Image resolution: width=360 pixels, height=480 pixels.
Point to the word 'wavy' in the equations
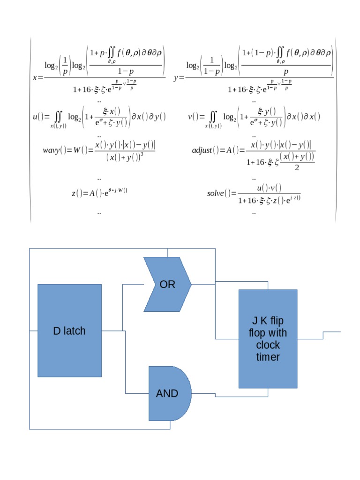tap(51, 150)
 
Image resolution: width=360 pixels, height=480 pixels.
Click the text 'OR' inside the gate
tap(167, 285)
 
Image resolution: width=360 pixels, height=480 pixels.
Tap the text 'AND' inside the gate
tap(167, 394)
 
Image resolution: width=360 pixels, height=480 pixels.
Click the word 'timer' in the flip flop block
tap(268, 357)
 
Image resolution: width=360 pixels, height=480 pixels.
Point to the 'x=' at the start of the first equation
tap(37, 78)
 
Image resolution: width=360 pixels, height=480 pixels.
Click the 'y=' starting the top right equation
tap(179, 78)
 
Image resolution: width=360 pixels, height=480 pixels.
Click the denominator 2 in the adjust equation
tap(297, 168)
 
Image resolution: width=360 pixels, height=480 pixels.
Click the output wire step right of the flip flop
tap(323, 335)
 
